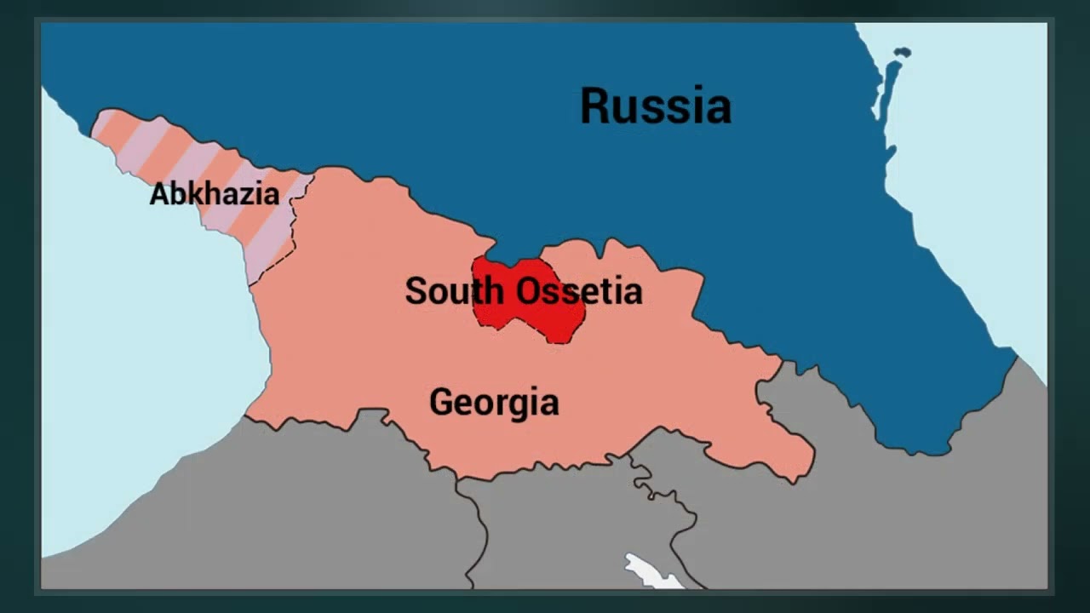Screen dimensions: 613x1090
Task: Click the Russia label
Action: point(655,107)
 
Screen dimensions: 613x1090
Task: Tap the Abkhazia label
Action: point(214,194)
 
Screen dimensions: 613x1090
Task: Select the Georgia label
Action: point(494,402)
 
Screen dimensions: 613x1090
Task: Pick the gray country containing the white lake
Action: point(579,528)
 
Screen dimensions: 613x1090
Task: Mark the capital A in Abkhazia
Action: point(159,194)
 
